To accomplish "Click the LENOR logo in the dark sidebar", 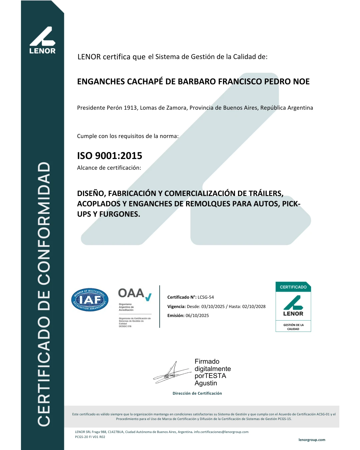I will click(42, 40).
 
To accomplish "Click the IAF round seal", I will click(90, 300).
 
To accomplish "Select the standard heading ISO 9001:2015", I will click(110, 156).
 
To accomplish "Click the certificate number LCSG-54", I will click(206, 297).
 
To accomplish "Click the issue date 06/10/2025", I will click(197, 315).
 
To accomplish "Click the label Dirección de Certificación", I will click(197, 393).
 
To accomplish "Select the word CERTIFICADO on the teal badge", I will click(293, 287).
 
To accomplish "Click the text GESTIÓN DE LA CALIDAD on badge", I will click(293, 327).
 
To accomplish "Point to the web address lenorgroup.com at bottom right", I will click(312, 440).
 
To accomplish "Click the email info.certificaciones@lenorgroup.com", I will click(221, 432).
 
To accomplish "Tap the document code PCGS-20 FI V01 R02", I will click(90, 437).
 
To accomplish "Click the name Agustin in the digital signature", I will click(206, 383).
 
